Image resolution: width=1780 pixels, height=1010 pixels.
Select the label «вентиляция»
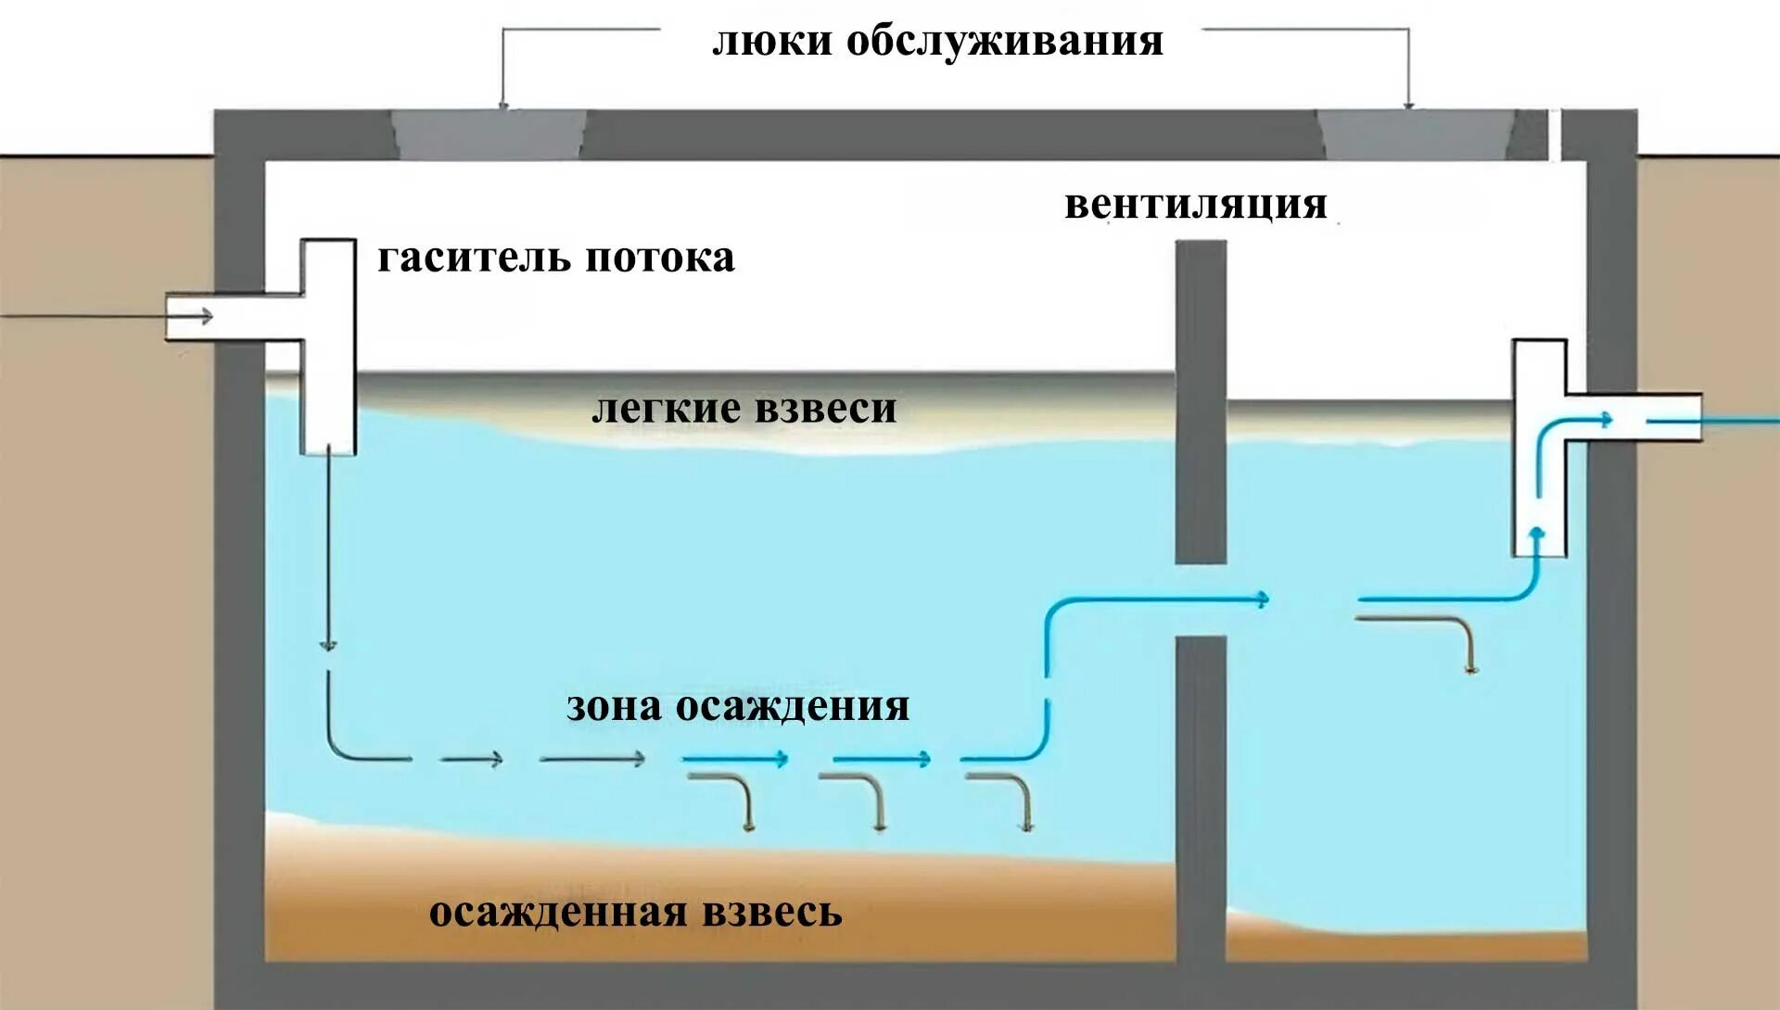1195,205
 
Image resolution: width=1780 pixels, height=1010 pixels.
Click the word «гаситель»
473,258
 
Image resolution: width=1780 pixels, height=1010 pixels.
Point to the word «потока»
660,258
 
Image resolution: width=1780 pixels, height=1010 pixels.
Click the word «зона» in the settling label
613,706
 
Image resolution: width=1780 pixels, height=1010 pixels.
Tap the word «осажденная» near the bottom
557,913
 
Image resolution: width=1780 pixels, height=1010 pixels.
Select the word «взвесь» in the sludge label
772,913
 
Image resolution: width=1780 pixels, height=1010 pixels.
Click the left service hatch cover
489,134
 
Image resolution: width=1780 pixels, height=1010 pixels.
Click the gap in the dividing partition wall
1201,600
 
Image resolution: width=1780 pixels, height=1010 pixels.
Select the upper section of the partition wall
1201,398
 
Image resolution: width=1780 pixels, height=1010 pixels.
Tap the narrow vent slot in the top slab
1555,134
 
